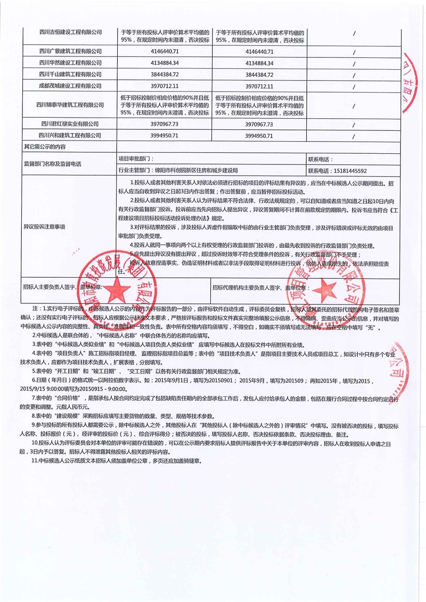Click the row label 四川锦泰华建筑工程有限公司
point(71,105)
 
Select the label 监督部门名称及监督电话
point(53,164)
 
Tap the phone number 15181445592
point(349,171)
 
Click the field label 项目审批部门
point(136,159)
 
